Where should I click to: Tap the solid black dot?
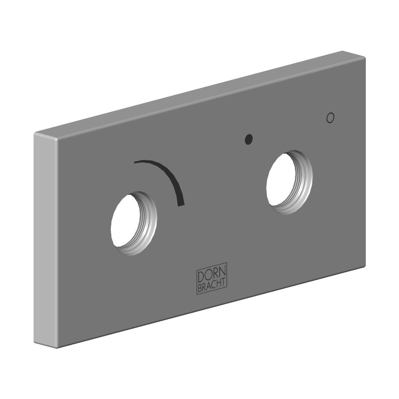click(249, 139)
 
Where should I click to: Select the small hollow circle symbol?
click(330, 118)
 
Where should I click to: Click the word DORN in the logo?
click(211, 275)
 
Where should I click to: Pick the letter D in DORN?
click(201, 278)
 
